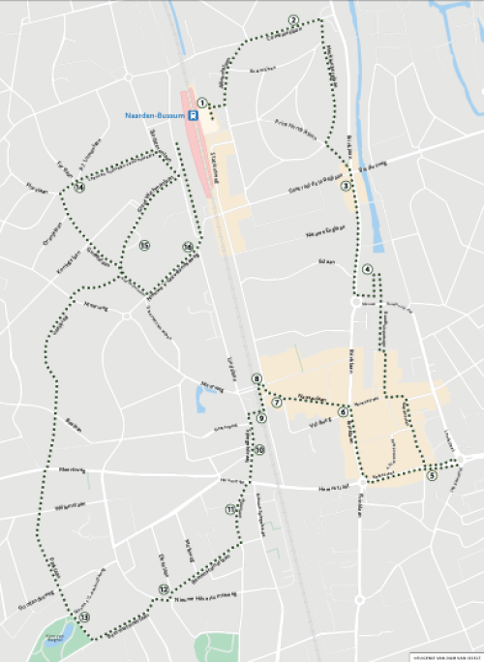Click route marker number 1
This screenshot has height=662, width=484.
[x=202, y=102]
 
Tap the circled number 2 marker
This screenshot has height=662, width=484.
[x=293, y=20]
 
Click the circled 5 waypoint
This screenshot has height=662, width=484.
[x=431, y=475]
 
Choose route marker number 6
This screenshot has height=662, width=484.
[x=343, y=410]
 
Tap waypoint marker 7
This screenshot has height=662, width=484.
[x=277, y=402]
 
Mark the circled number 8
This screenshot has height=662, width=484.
[x=257, y=378]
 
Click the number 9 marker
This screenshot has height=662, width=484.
[x=261, y=418]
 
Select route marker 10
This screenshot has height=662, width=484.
[x=259, y=450]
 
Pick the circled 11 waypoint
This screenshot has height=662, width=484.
[x=230, y=509]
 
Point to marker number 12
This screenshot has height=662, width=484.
[x=165, y=588]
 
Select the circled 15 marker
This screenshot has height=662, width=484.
[x=143, y=245]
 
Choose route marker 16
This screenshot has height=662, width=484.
[x=187, y=248]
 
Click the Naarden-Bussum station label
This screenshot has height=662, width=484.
[x=155, y=115]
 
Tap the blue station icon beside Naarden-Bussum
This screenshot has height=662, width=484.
[x=195, y=115]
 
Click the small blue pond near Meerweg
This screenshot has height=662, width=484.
[x=200, y=402]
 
